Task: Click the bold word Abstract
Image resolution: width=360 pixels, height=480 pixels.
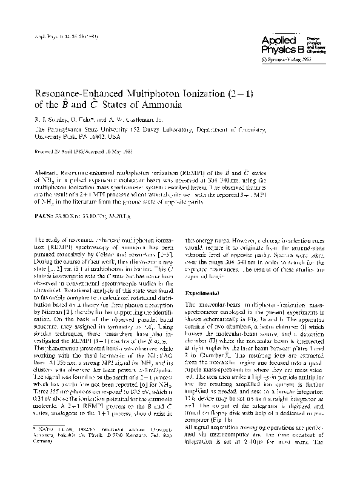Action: point(47,164)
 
